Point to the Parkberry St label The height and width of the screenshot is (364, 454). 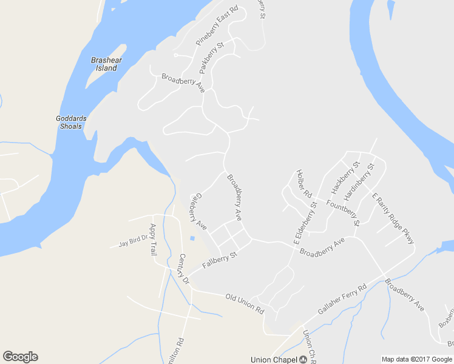click(x=212, y=58)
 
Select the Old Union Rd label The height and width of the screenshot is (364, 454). click(x=245, y=303)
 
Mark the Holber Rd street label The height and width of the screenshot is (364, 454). click(x=303, y=184)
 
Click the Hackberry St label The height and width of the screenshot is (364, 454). click(x=346, y=176)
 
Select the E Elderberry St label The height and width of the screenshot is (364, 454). click(x=305, y=224)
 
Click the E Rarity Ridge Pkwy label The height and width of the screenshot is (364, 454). click(x=393, y=218)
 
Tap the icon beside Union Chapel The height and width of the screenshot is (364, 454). click(x=303, y=360)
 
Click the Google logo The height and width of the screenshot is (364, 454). click(x=20, y=357)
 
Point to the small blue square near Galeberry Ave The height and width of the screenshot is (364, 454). click(x=192, y=238)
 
